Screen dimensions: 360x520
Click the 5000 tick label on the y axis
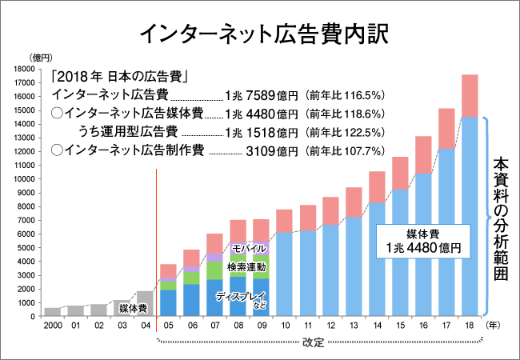(23, 248)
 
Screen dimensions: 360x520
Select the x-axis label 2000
(52, 326)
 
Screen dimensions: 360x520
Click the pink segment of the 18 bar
(470, 95)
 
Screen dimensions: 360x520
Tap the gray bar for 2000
(52, 311)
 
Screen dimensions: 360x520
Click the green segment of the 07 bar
(214, 270)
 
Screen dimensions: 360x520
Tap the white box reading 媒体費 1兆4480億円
(422, 240)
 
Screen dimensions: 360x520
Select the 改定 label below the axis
(314, 345)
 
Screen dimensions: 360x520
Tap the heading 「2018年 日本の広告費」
(118, 78)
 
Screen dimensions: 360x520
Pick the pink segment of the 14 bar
(377, 186)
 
